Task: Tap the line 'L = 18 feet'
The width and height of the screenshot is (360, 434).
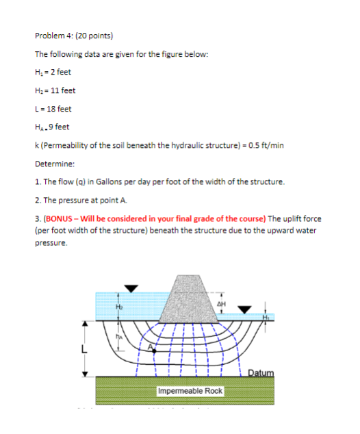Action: coord(53,108)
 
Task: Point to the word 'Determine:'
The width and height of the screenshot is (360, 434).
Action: coord(55,164)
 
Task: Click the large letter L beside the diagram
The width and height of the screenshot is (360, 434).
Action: coord(84,349)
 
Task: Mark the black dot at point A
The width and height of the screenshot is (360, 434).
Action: coord(155,352)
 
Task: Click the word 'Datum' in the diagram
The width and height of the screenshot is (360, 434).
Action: coord(260,372)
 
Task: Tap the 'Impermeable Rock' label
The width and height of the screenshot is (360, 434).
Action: coord(190,392)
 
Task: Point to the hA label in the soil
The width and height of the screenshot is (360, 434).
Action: coord(120,335)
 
